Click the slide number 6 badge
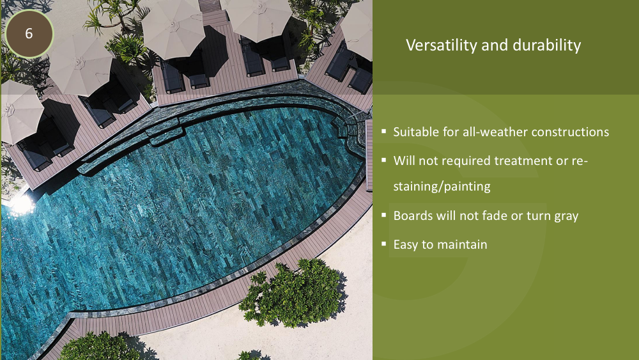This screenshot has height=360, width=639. click(29, 33)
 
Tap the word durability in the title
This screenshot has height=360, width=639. click(546, 45)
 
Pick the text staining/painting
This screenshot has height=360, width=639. click(442, 186)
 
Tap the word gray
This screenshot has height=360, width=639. click(566, 216)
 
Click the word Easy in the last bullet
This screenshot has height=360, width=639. click(406, 245)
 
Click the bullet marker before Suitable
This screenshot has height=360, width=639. click(384, 131)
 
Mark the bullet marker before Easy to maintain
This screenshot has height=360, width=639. click(384, 244)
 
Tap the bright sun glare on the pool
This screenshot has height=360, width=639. click(20, 205)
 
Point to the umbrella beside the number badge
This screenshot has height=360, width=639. click(81, 65)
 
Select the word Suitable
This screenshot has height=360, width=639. click(416, 132)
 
